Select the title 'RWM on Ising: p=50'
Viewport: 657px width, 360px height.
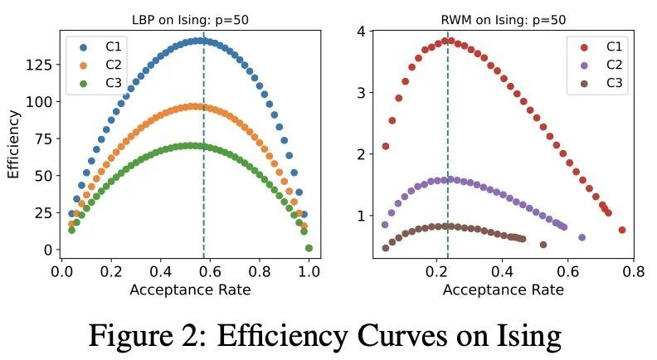click(504, 21)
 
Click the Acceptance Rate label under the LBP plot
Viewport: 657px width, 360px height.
click(191, 289)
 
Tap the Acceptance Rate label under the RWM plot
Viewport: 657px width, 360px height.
click(504, 289)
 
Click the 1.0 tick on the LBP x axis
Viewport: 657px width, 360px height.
click(309, 270)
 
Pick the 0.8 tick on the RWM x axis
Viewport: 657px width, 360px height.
click(634, 270)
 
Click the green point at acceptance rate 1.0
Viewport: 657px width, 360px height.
click(309, 248)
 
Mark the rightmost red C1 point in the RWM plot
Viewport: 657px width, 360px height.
click(622, 230)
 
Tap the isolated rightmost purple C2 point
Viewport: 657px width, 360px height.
click(582, 237)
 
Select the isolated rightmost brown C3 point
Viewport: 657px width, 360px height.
click(543, 245)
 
